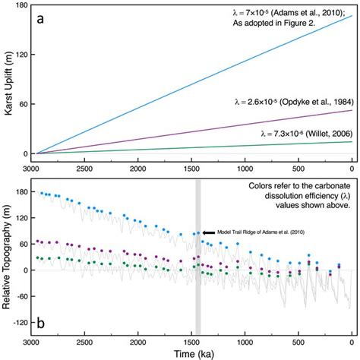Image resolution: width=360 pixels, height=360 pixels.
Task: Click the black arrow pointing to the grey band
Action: (210, 232)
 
